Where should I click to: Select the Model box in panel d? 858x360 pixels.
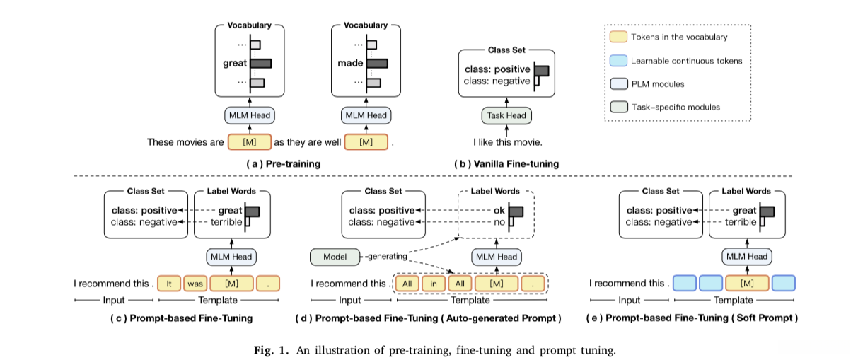coord(335,257)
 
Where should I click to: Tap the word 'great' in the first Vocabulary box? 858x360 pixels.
coord(235,63)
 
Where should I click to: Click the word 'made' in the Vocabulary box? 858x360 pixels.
coord(351,63)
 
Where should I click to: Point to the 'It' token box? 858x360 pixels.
coord(169,284)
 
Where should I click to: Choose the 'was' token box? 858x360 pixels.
coord(195,284)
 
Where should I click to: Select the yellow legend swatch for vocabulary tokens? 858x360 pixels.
coord(618,37)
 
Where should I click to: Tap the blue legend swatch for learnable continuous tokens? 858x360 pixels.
coord(618,61)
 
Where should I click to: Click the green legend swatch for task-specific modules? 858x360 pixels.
coord(618,108)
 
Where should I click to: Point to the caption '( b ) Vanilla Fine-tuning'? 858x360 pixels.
coord(506,164)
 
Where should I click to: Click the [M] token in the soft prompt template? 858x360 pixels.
coord(745,284)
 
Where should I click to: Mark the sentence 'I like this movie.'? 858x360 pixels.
coord(507,142)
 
